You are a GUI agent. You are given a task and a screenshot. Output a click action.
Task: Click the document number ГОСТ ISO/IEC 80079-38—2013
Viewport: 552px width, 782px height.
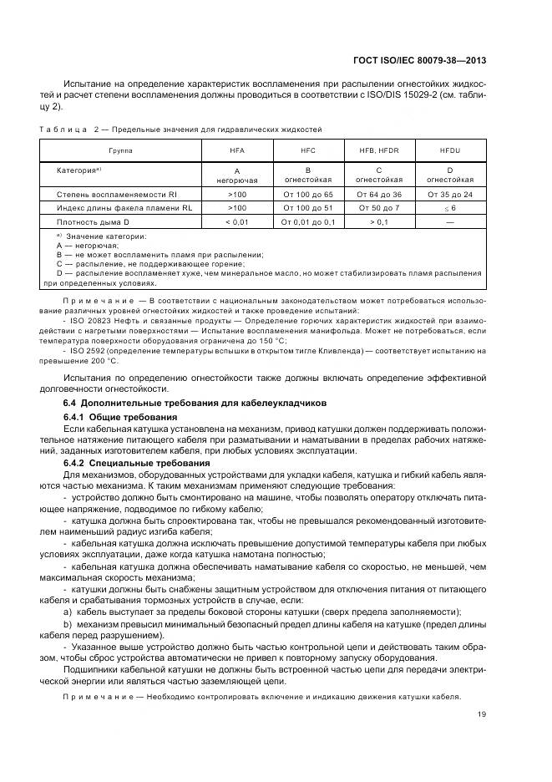pyautogui.click(x=420, y=60)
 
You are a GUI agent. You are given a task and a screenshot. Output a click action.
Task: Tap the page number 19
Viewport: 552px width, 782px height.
pyautogui.click(x=482, y=713)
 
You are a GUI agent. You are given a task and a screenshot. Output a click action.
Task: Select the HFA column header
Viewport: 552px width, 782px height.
pyautogui.click(x=237, y=150)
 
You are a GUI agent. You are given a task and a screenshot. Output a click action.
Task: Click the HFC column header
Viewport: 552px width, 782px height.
pyautogui.click(x=307, y=150)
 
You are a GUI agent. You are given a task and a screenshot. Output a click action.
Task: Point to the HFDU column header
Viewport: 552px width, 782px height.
pyautogui.click(x=450, y=150)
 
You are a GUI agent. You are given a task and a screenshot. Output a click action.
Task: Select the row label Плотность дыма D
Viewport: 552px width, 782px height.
pyautogui.click(x=93, y=221)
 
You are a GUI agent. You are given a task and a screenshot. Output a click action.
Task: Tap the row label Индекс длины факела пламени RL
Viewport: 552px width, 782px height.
pyautogui.click(x=119, y=208)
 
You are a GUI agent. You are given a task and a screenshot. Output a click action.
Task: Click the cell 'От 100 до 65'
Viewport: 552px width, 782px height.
pyautogui.click(x=307, y=194)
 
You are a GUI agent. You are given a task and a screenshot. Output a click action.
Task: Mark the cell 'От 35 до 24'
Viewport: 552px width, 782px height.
pyautogui.click(x=450, y=194)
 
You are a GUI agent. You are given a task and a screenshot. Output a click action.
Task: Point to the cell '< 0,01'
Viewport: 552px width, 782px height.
pyautogui.click(x=237, y=221)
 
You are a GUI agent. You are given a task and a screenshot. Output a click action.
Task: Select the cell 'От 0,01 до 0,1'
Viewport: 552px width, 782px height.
pyautogui.click(x=307, y=221)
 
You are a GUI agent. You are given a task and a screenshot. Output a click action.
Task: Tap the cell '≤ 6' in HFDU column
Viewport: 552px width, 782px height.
pyautogui.click(x=450, y=208)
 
